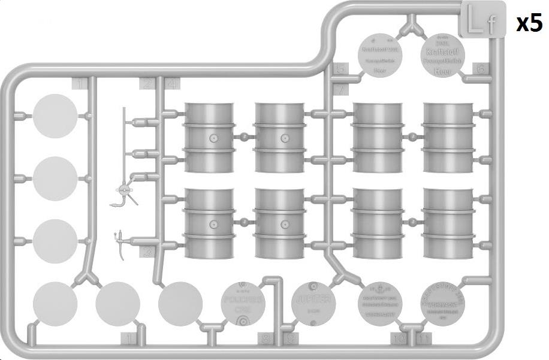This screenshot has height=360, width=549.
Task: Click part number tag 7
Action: click(x=340, y=90)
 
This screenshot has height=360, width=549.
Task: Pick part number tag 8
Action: click(x=266, y=340)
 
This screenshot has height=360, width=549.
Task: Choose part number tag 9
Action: click(x=291, y=340)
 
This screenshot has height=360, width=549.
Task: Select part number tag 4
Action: click(x=172, y=84)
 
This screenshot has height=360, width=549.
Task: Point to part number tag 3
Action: click(x=147, y=252)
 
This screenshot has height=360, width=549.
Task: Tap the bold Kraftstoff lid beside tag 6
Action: click(x=444, y=55)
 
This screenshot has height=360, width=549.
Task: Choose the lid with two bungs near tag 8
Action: click(x=243, y=302)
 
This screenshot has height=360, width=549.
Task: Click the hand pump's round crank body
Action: click(x=125, y=190)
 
